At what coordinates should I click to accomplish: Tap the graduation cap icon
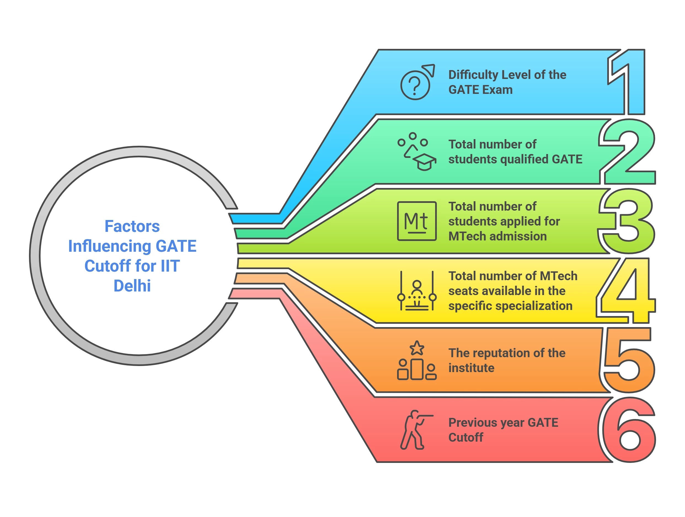[425, 161]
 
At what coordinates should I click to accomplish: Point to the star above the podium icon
[417, 348]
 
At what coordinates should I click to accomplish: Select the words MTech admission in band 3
[497, 237]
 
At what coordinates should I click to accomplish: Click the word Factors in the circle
[132, 226]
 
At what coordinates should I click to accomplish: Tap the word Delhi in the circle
[132, 286]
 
